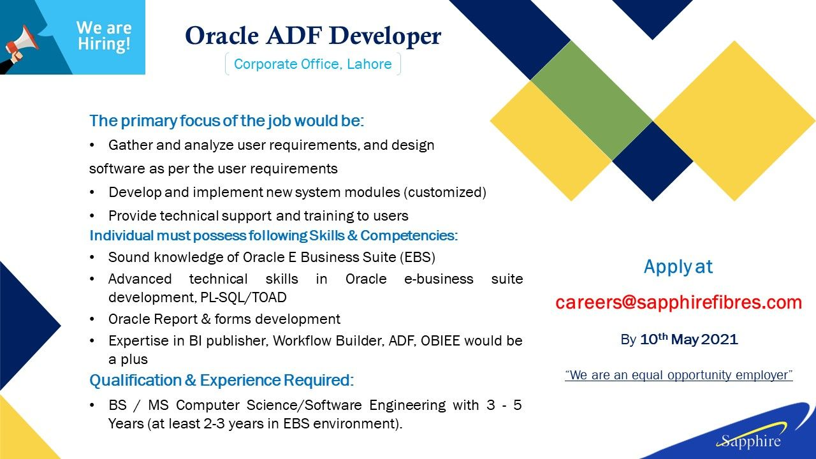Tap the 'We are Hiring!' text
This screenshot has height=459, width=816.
pos(104,36)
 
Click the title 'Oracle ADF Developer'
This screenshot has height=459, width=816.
pos(313,36)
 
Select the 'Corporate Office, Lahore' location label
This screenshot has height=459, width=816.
pos(313,64)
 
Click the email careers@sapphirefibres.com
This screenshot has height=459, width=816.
pos(679,302)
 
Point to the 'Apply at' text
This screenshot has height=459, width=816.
pos(678,267)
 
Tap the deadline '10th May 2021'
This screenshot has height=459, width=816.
pos(689,339)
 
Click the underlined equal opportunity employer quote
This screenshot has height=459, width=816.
pos(679,375)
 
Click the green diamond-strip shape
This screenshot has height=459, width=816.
pos(592,101)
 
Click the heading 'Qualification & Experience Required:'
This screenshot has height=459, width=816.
pos(221,381)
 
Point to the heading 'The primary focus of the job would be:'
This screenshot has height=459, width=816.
pos(226,121)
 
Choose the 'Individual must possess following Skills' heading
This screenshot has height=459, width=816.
pos(273,236)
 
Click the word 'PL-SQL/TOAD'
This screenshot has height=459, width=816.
pos(244,298)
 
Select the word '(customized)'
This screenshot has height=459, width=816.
pos(445,193)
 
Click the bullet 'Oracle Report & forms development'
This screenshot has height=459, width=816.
pos(224,319)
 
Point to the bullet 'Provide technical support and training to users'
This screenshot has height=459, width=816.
pos(258,216)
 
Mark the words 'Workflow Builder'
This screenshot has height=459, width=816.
pos(328,341)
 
